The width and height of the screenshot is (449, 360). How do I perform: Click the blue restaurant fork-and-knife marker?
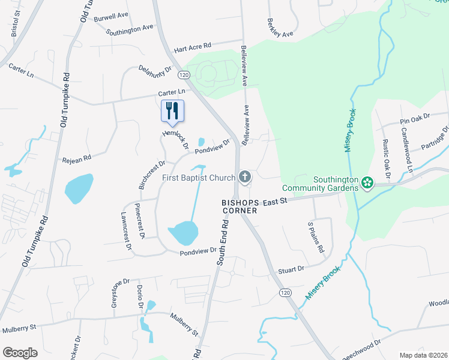click(172, 110)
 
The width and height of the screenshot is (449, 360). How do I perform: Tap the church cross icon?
click(244, 177)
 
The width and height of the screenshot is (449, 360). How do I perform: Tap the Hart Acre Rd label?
click(193, 46)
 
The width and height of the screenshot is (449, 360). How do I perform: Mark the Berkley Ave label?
click(279, 27)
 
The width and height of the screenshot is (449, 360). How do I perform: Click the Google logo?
click(20, 353)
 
